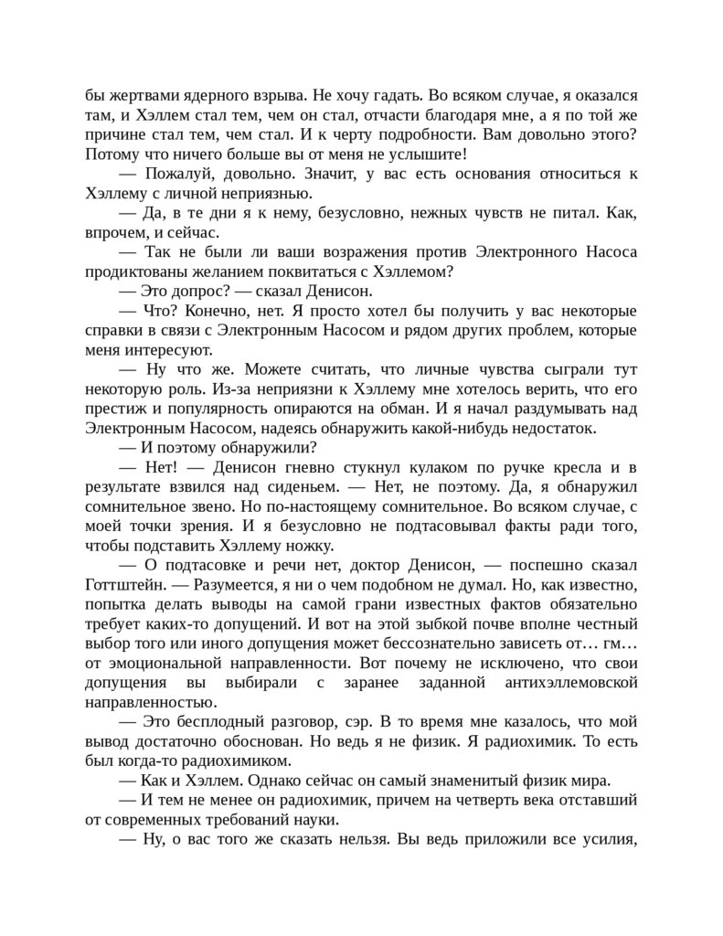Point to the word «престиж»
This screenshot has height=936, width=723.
118,409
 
